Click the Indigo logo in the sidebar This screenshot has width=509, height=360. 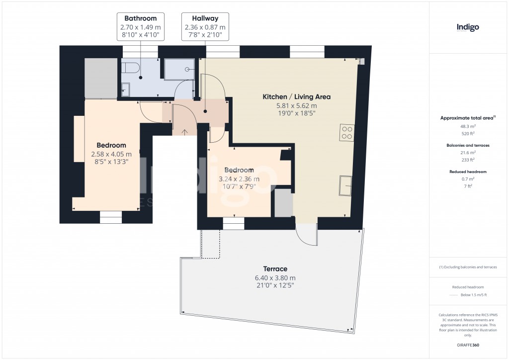point(468,28)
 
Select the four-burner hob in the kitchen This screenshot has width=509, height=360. point(346,132)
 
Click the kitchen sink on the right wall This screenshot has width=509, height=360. point(345,185)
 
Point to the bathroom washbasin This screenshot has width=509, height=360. point(125,90)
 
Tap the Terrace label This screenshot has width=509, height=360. point(276,269)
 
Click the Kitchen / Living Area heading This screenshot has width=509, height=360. point(296,97)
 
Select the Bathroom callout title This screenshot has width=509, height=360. point(141,18)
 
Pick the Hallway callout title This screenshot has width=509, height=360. point(205,18)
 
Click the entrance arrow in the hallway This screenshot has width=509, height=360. point(185,132)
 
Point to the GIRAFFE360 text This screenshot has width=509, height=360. point(468,345)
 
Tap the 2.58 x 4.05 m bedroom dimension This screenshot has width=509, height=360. point(111,154)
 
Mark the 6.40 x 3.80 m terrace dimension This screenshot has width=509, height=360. point(276,278)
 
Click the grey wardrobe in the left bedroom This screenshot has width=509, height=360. point(100,78)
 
